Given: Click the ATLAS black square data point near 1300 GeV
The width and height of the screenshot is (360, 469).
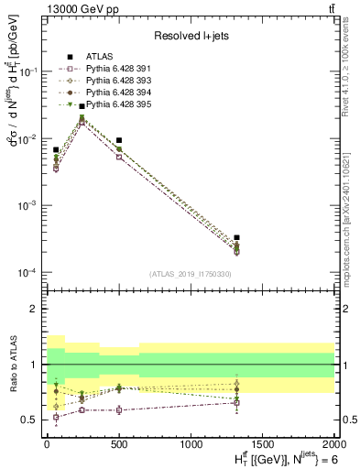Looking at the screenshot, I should point(236,237).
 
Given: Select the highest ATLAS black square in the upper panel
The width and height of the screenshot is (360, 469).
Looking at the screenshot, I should point(82,106).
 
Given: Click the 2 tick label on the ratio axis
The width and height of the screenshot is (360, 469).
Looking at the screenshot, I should point(30,309).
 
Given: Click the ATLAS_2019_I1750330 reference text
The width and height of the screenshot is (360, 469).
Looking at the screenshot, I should point(188,274).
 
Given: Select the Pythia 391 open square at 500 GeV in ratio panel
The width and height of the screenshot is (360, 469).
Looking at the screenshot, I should point(119,409).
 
